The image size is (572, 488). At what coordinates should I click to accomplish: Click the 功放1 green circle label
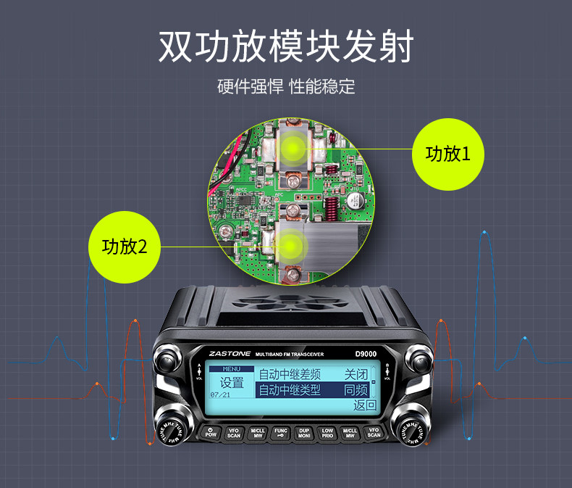(447, 154)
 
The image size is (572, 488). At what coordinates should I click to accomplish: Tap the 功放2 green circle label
(125, 247)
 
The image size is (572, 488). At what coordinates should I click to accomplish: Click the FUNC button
(281, 434)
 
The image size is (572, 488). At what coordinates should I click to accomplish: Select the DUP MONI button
(304, 434)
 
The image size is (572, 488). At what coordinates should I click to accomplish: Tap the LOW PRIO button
(327, 434)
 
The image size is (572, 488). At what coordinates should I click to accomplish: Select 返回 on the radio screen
(364, 405)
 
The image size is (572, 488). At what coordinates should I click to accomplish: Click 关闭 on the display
(356, 374)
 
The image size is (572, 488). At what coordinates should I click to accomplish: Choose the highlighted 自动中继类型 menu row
(290, 390)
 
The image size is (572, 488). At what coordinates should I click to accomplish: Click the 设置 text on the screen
(232, 382)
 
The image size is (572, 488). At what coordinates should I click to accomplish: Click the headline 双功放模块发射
(286, 46)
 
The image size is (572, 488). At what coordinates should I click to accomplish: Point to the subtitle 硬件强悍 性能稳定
(286, 87)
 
